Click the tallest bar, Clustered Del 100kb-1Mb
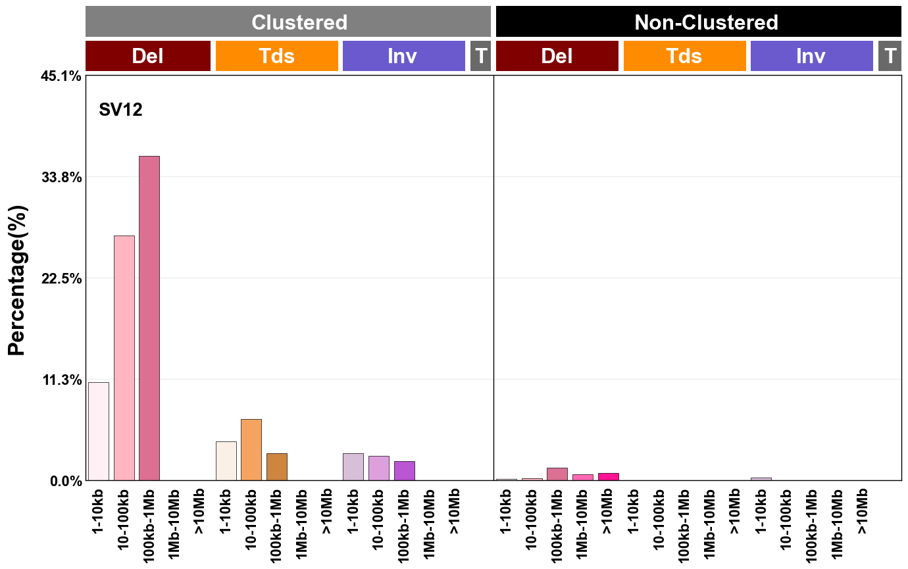tap(149, 318)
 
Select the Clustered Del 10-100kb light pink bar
tap(124, 358)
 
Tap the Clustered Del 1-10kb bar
tap(99, 432)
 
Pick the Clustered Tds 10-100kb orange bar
tap(251, 450)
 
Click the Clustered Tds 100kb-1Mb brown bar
tap(276, 467)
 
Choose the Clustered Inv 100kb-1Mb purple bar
tap(404, 471)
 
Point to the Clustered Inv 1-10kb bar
tap(353, 467)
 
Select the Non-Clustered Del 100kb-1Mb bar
tap(557, 474)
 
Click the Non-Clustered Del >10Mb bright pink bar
tap(608, 477)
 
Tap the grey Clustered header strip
tap(288, 22)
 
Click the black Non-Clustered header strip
tap(698, 22)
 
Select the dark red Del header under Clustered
tap(147, 56)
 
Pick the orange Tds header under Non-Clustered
tap(684, 56)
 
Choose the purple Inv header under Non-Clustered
tap(811, 56)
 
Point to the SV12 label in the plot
tap(120, 110)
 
